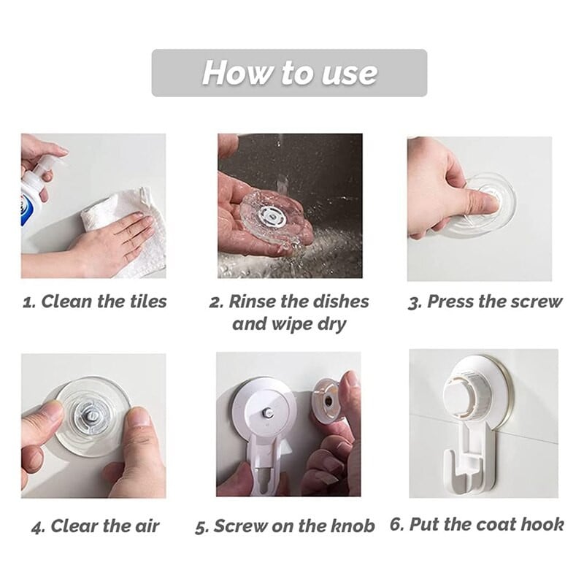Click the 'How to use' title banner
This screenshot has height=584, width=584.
(289, 72)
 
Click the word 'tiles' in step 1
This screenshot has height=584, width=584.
(148, 301)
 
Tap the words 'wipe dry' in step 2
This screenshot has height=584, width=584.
(309, 324)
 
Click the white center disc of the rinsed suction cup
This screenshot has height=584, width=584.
(272, 217)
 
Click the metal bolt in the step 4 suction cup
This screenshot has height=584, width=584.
(92, 415)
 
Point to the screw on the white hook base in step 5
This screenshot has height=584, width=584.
(267, 412)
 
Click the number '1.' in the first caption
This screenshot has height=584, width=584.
(29, 303)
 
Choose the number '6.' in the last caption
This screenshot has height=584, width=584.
(396, 524)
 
